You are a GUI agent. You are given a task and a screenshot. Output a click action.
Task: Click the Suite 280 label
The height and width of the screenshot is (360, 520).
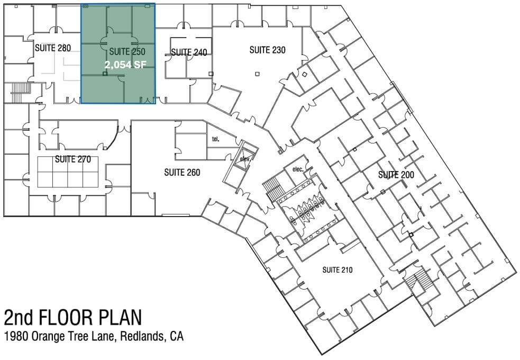(53, 48)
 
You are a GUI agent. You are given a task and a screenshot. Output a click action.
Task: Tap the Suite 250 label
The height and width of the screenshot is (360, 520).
(127, 52)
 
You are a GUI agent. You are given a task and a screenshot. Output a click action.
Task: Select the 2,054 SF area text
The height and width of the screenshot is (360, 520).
(125, 65)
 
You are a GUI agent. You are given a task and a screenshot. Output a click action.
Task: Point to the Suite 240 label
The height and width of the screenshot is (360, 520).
(189, 52)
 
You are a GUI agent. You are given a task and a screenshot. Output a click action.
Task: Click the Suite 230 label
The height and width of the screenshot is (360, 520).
(267, 50)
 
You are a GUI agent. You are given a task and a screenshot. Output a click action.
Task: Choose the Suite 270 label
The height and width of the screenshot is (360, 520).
(73, 159)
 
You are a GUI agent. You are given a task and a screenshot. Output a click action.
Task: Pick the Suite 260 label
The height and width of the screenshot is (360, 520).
(182, 173)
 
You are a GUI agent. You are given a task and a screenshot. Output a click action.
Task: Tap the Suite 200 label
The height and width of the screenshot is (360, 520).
(396, 175)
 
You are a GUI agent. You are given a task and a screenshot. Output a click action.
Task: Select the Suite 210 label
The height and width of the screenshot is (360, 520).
(337, 270)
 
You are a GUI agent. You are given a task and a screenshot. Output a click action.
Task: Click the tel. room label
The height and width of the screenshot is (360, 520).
(215, 139)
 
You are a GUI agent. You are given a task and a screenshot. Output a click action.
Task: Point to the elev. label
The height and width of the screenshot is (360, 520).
(245, 159)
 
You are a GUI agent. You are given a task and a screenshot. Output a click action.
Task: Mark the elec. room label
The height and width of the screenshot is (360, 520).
(298, 169)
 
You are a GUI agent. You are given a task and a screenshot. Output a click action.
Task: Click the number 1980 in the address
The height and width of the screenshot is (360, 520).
(16, 336)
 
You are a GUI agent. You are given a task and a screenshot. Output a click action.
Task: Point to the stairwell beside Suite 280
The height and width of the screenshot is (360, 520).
(21, 93)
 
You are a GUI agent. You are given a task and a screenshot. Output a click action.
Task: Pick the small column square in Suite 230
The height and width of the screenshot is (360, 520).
(257, 74)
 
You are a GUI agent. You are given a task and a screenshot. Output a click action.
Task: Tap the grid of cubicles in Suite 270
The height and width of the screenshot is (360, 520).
(68, 172)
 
